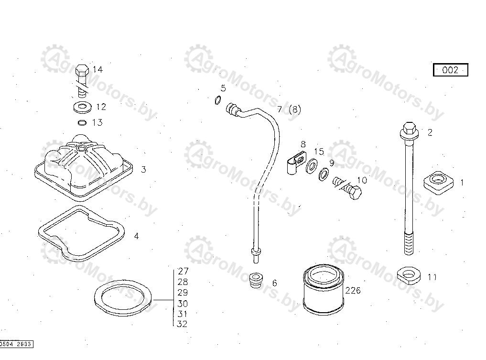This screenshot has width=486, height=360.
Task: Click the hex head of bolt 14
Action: (x=82, y=70)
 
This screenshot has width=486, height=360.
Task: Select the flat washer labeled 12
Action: (x=83, y=107)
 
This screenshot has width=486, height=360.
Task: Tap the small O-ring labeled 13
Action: (x=82, y=123)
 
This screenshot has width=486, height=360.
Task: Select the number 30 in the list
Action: (x=183, y=303)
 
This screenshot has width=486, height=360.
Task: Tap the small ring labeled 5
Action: (x=218, y=100)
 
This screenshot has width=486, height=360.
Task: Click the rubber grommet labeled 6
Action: (x=256, y=280)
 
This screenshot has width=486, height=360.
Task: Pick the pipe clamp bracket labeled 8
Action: (x=295, y=163)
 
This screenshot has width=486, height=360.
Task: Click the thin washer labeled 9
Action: (x=324, y=174)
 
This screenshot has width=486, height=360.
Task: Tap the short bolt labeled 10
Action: (x=348, y=187)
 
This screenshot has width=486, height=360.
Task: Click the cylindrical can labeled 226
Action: (x=324, y=290)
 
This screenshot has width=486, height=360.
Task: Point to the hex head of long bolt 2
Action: (x=409, y=131)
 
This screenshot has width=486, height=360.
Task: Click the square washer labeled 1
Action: (x=438, y=183)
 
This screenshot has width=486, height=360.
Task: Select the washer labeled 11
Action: (x=409, y=275)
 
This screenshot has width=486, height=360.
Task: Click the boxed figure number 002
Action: (x=450, y=70)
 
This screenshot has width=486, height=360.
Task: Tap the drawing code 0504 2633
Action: (x=16, y=344)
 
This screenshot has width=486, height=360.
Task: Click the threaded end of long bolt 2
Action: (x=409, y=243)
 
